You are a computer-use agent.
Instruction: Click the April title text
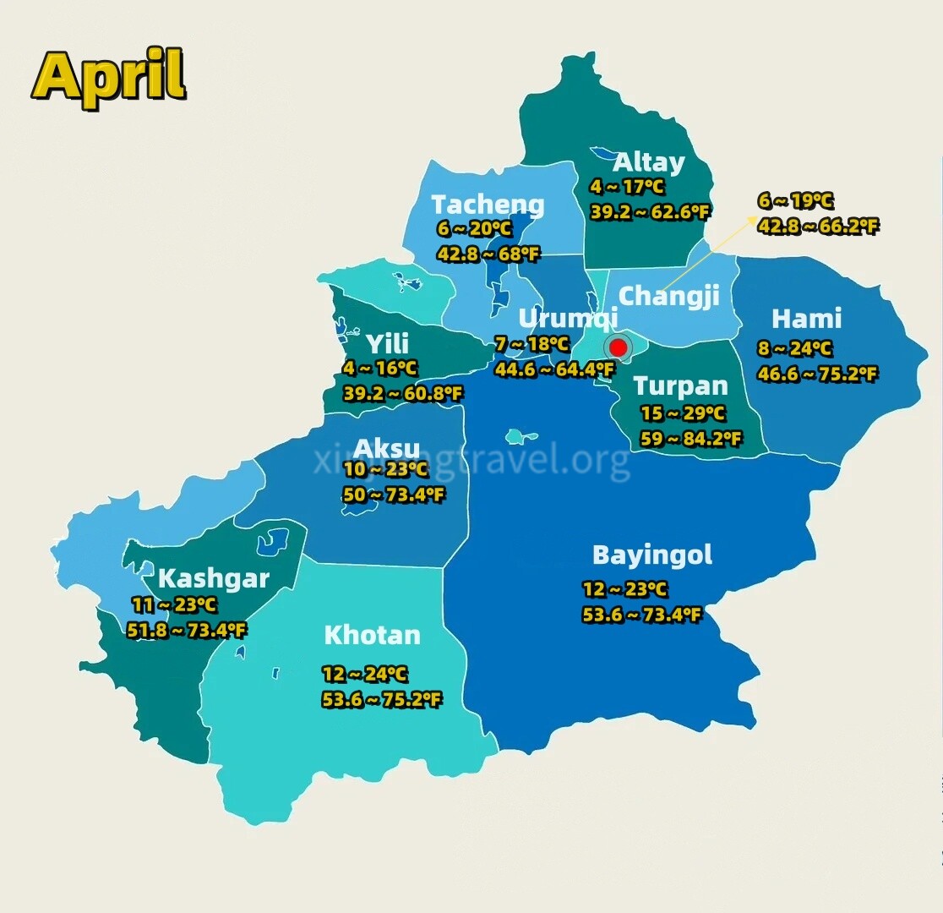click(109, 75)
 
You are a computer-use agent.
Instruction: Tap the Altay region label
click(648, 161)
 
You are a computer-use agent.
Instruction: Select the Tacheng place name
click(488, 205)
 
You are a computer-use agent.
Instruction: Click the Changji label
click(668, 296)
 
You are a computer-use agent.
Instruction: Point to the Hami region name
click(806, 319)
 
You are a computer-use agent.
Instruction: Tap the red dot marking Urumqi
click(618, 347)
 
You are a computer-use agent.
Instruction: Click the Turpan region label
click(680, 386)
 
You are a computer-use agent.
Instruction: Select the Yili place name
click(387, 343)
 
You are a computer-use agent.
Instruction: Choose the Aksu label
click(386, 448)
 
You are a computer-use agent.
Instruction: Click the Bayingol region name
click(651, 555)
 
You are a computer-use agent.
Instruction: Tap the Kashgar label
click(213, 579)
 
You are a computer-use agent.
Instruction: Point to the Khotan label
click(372, 635)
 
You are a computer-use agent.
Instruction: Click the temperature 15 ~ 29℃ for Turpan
click(683, 413)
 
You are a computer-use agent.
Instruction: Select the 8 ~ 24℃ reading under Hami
click(794, 348)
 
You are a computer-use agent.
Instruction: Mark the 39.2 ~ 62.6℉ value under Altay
click(649, 212)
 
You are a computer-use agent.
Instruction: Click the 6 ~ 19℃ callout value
click(795, 201)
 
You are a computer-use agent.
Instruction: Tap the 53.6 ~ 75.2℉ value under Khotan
click(381, 699)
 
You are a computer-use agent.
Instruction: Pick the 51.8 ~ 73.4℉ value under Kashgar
click(187, 630)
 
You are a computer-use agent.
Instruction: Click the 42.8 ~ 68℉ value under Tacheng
click(488, 254)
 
